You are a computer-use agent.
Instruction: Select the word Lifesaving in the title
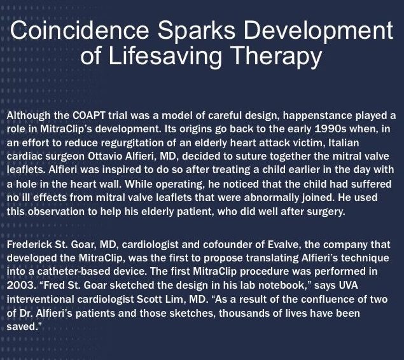165,56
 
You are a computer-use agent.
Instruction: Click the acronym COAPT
88,115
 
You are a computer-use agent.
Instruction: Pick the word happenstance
317,116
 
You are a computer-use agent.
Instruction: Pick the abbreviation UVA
349,286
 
